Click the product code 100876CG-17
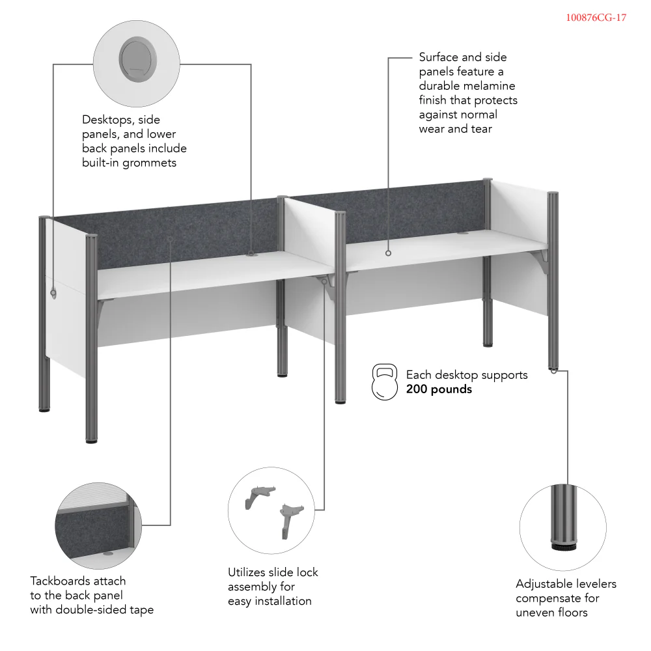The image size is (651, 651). pos(596,18)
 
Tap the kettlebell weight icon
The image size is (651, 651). pos(384,382)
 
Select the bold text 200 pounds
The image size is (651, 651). pos(439,389)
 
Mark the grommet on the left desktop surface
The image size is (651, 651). pos(251,255)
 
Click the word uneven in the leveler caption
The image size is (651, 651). pos(536,613)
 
